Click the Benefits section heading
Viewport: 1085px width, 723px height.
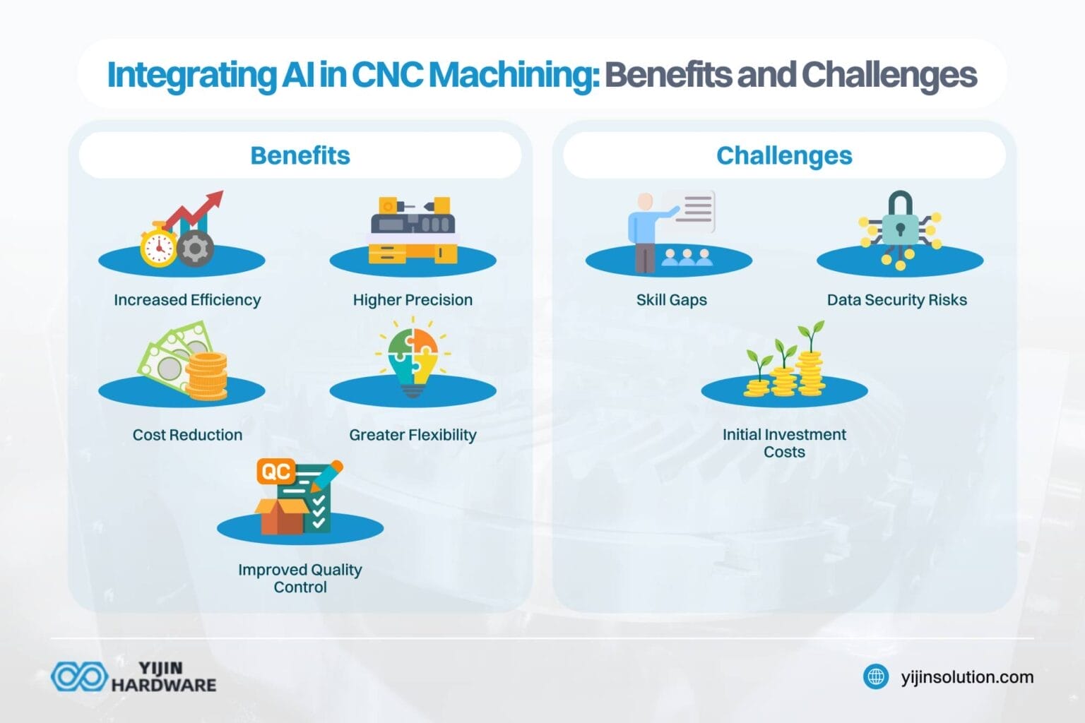click(x=300, y=155)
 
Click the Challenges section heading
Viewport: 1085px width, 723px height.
click(x=784, y=155)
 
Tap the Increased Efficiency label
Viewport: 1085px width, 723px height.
click(x=187, y=300)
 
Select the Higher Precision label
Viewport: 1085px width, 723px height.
click(x=413, y=300)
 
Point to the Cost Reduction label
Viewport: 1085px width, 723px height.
click(x=187, y=435)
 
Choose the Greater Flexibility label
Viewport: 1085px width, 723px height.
click(x=413, y=435)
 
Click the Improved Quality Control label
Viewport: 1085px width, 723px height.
click(x=300, y=578)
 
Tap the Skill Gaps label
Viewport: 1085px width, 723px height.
click(x=671, y=300)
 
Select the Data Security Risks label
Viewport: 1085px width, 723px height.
click(x=896, y=300)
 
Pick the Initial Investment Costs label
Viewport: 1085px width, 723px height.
click(x=784, y=443)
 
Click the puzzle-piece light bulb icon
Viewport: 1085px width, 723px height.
click(x=413, y=360)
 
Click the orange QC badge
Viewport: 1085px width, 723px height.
click(x=276, y=472)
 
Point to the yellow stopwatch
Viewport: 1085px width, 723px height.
click(x=158, y=246)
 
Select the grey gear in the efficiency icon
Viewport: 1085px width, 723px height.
click(x=195, y=249)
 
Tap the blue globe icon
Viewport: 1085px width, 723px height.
click(x=876, y=677)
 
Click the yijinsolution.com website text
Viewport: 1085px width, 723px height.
click(x=967, y=677)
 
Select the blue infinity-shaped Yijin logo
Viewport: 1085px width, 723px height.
click(x=79, y=676)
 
